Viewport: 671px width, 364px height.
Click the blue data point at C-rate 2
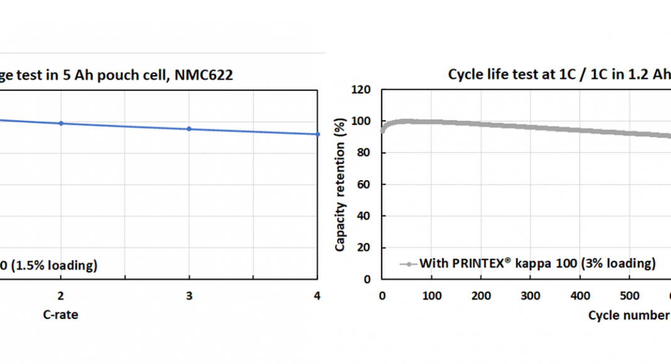[x=61, y=123]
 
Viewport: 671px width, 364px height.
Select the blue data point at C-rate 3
[x=189, y=129]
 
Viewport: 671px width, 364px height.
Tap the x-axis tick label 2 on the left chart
[x=61, y=296]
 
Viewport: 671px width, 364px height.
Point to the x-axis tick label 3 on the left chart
[x=189, y=296]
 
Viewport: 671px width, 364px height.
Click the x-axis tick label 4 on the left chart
[x=317, y=296]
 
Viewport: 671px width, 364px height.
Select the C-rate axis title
[x=60, y=315]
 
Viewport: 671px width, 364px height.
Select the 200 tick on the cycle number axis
[x=481, y=296]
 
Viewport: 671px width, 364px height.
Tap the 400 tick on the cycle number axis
[x=581, y=296]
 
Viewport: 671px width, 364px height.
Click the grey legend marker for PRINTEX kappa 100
[x=408, y=264]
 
